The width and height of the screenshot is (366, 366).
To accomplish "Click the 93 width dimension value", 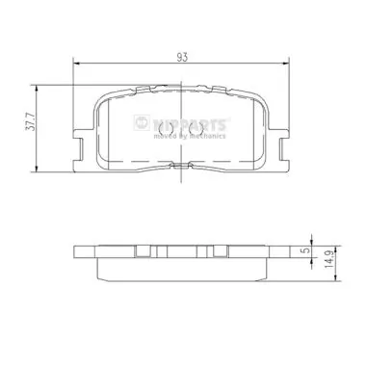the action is pyautogui.click(x=182, y=58).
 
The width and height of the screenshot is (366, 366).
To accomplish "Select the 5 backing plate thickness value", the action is pyautogui.click(x=307, y=250).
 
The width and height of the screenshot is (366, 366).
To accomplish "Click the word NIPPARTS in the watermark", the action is pyautogui.click(x=190, y=124).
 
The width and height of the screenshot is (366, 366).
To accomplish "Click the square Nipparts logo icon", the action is pyautogui.click(x=142, y=122).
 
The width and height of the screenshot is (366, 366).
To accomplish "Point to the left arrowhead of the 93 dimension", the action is pyautogui.click(x=77, y=64).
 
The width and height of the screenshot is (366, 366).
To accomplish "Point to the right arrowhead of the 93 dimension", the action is pyautogui.click(x=286, y=64).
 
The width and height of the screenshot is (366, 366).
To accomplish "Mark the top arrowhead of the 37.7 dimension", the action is pyautogui.click(x=37, y=90).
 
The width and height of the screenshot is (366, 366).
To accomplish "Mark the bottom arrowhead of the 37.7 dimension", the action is pyautogui.click(x=37, y=169).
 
